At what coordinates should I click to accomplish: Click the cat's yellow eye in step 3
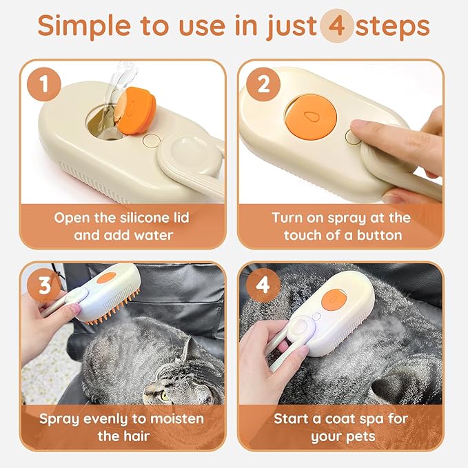[165, 396]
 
